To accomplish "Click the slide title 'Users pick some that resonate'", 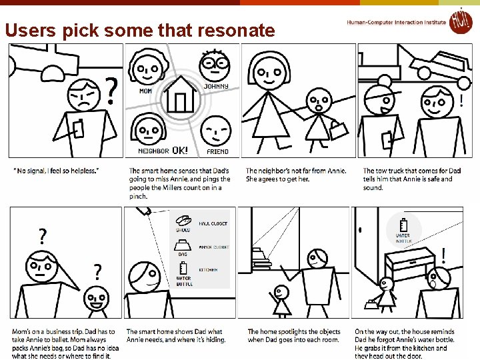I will (139, 30).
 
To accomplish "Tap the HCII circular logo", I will (459, 21).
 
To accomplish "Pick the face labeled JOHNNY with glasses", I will (215, 65).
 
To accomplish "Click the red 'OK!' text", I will (180, 151).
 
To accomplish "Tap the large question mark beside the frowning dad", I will (113, 91).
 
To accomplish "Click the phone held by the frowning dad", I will (78, 129).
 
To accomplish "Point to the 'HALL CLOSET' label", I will (213, 224).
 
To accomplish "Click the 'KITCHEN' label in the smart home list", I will (208, 270).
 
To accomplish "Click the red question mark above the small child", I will (97, 272).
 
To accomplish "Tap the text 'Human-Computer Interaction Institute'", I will (396, 23).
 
